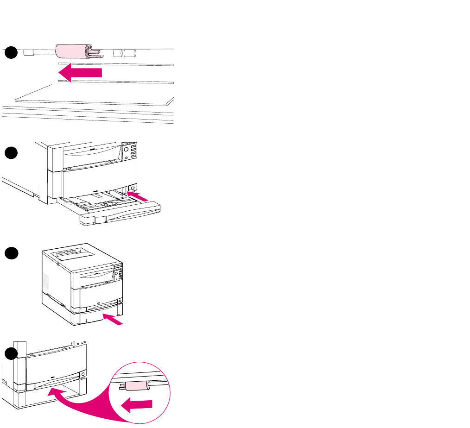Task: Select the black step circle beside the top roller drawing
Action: click(x=11, y=53)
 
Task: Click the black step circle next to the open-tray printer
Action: click(x=11, y=153)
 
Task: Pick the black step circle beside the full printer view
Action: click(x=11, y=254)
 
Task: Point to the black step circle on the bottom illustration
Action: click(x=11, y=354)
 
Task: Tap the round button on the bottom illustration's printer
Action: click(x=82, y=373)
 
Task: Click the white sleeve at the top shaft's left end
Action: click(x=31, y=53)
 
